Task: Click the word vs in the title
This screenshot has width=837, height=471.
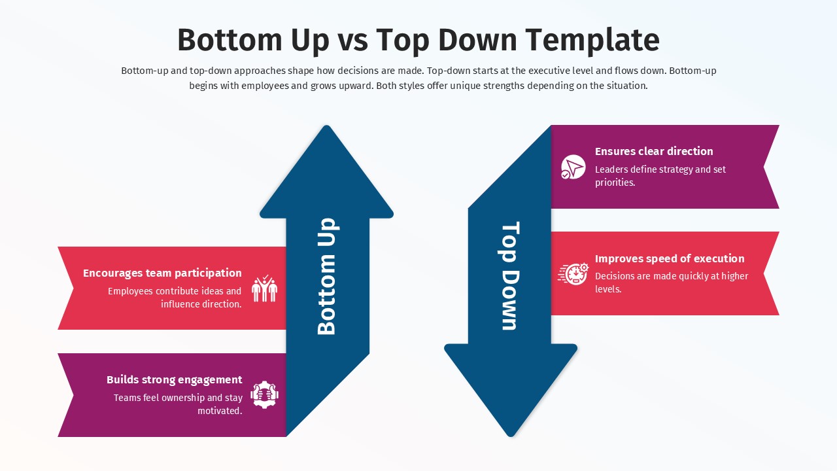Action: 353,40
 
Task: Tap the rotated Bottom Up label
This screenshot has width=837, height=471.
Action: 326,277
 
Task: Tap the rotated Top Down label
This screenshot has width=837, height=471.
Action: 510,276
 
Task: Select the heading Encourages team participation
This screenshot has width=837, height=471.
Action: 162,273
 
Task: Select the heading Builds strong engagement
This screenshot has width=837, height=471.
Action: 174,379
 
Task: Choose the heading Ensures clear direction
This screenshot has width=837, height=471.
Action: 654,151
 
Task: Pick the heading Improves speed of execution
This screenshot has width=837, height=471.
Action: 670,258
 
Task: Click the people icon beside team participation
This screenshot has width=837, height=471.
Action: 264,288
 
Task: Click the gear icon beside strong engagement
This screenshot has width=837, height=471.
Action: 264,395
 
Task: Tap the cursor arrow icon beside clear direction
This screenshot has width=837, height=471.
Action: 573,167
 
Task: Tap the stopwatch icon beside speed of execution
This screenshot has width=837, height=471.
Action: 573,273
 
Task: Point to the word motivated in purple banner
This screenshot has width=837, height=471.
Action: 220,411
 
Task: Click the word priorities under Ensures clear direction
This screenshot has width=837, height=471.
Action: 614,183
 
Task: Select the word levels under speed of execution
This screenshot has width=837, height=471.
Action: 607,289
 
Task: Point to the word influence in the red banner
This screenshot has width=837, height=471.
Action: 181,304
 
